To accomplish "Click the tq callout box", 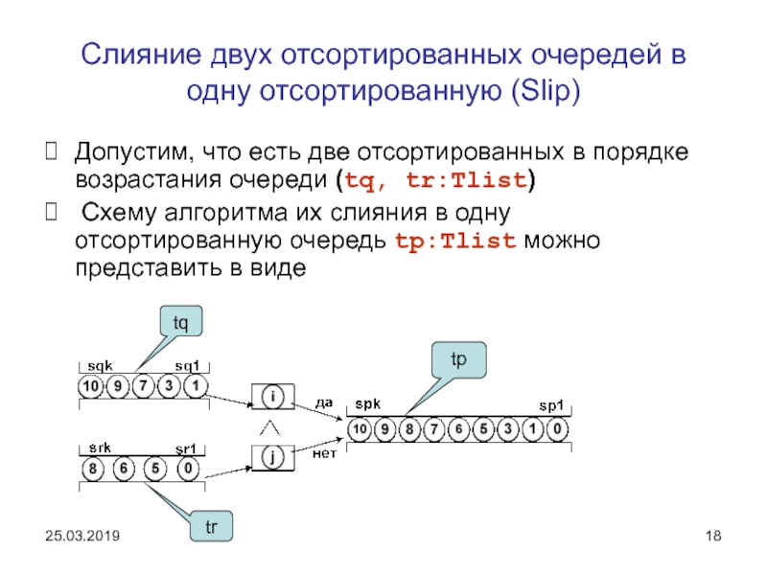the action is [180, 324].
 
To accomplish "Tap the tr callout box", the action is [210, 527].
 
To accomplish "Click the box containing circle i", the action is [273, 396].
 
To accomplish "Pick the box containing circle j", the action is [273, 458].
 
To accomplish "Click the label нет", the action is [324, 452].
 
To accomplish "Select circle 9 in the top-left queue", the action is [117, 386].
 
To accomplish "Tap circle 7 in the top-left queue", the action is [143, 386].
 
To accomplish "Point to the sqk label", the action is [100, 366].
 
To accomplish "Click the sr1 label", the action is [184, 448].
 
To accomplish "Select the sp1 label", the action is [552, 406].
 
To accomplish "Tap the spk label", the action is [367, 406].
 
